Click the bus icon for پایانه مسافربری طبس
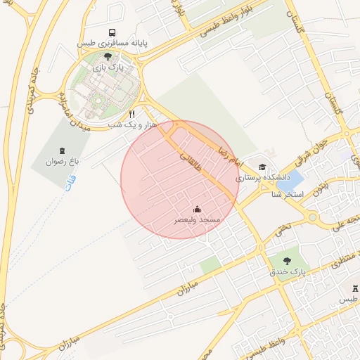pyautogui.click(x=112, y=32)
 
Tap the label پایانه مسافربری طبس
pyautogui.click(x=112, y=44)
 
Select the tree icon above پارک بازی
pyautogui.click(x=107, y=56)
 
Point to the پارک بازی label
pyautogui.click(x=107, y=67)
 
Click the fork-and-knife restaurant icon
pyautogui.click(x=131, y=114)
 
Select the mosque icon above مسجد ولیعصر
pyautogui.click(x=197, y=209)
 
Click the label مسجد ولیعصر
pyautogui.click(x=198, y=220)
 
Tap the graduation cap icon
pyautogui.click(x=262, y=167)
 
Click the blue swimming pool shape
pyautogui.click(x=295, y=179)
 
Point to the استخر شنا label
pyautogui.click(x=287, y=193)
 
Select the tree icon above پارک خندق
pyautogui.click(x=286, y=260)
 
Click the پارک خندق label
pyautogui.click(x=285, y=271)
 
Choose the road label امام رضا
pyautogui.click(x=229, y=153)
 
